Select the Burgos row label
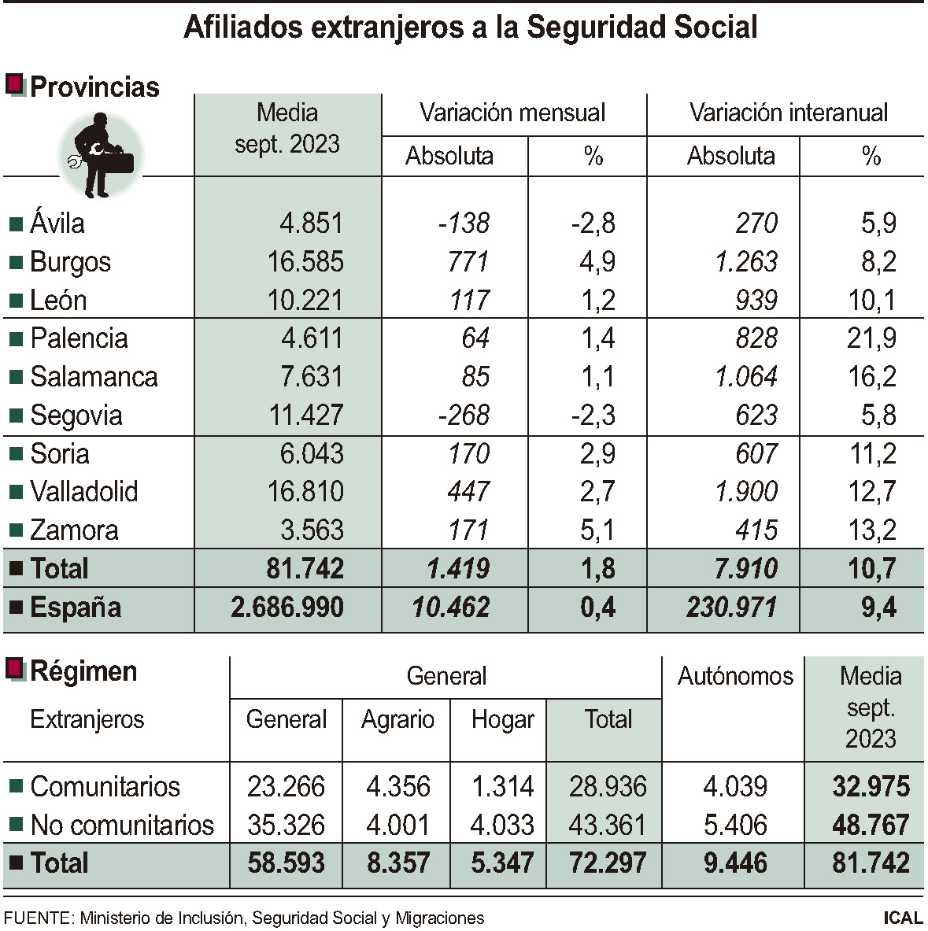(x=70, y=262)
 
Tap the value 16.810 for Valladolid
(x=305, y=492)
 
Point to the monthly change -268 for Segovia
(x=464, y=416)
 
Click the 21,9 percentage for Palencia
(x=871, y=338)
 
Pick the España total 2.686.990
(x=287, y=608)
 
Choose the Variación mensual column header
(x=512, y=113)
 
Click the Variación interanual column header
(x=788, y=113)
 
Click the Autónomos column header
(x=735, y=676)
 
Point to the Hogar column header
(x=502, y=719)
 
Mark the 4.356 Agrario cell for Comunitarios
(x=397, y=786)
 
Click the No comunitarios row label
(x=122, y=825)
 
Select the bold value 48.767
(x=871, y=825)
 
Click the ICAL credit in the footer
(x=902, y=918)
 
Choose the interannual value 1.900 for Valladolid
(x=745, y=492)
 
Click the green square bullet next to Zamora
(x=16, y=531)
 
